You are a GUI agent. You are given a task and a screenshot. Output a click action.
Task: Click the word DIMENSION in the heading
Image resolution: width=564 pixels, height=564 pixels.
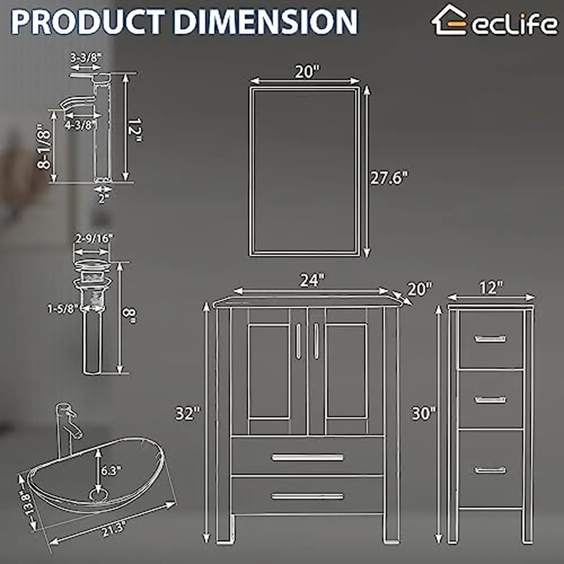pyautogui.click(x=266, y=20)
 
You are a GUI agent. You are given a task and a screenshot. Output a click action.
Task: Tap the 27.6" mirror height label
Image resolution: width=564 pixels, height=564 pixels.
pyautogui.click(x=389, y=177)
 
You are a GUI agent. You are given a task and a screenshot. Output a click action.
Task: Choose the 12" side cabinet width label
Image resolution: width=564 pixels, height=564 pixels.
pyautogui.click(x=491, y=288)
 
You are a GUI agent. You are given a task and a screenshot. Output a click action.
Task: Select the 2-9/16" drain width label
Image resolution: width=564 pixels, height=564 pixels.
pyautogui.click(x=93, y=238)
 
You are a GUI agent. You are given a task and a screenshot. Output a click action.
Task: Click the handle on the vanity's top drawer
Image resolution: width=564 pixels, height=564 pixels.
pyautogui.click(x=307, y=457)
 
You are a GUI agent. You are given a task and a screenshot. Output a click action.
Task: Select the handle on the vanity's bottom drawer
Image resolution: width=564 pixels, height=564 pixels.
pyautogui.click(x=307, y=496)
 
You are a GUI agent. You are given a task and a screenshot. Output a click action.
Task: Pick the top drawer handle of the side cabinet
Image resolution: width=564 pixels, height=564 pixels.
pyautogui.click(x=490, y=338)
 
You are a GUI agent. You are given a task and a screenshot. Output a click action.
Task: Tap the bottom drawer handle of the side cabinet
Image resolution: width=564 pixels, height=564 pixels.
pyautogui.click(x=490, y=470)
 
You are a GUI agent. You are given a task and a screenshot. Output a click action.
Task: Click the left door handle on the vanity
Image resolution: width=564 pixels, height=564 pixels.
pyautogui.click(x=298, y=341)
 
